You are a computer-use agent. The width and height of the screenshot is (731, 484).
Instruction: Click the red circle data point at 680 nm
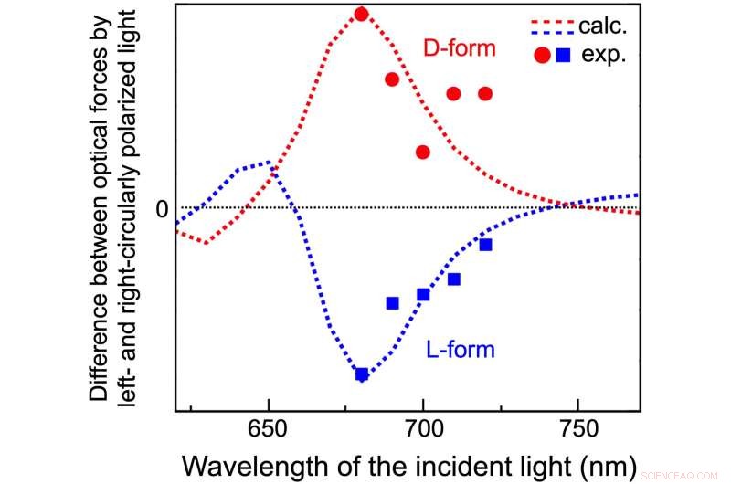[362, 14]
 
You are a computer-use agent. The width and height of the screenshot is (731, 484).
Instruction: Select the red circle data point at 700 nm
[423, 152]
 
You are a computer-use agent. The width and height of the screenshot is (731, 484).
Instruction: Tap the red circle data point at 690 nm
[392, 79]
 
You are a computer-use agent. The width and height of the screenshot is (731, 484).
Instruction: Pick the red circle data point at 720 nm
[485, 93]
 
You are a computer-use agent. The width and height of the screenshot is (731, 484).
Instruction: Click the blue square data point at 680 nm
[362, 374]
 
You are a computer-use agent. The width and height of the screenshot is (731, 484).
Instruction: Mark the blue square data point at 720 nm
[485, 244]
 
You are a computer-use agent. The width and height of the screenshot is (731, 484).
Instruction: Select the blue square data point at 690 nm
[392, 303]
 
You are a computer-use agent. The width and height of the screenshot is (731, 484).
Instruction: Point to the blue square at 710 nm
[454, 279]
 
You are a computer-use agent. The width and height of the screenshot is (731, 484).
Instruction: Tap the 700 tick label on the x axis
[423, 428]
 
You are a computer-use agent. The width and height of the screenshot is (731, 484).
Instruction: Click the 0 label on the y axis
[162, 208]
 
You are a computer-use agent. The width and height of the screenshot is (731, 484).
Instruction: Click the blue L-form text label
[460, 349]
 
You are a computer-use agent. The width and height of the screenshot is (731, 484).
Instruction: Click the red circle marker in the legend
[542, 55]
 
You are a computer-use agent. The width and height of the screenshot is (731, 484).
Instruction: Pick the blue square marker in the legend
[564, 55]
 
